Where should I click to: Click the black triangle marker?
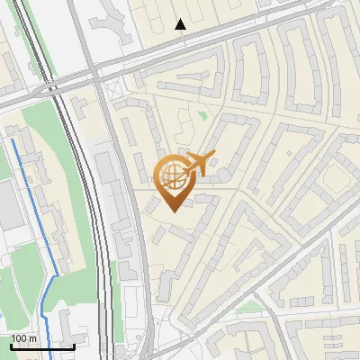tap(181, 23)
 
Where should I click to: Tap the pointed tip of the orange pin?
tap(173, 210)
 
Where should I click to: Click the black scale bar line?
tap(42, 346)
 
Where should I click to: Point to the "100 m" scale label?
tap(24, 338)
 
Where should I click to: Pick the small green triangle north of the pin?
tap(203, 115)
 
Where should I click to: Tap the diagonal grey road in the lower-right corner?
tap(315, 270)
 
